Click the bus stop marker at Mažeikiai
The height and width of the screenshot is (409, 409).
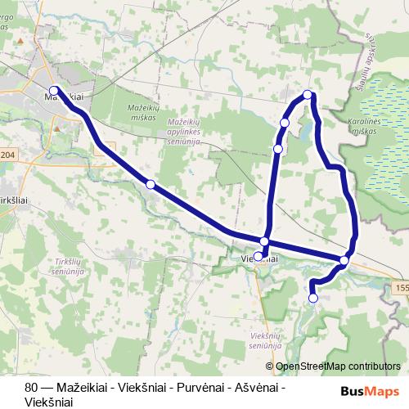point(54,91)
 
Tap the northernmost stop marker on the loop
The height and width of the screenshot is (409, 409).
point(308,95)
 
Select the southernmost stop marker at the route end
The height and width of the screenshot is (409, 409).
point(313,299)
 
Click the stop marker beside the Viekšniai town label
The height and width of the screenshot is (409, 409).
point(258,256)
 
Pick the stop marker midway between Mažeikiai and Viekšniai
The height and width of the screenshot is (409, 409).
point(150,185)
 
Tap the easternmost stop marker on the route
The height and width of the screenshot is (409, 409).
point(344,260)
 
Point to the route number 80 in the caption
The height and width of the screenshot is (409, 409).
point(31,387)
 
